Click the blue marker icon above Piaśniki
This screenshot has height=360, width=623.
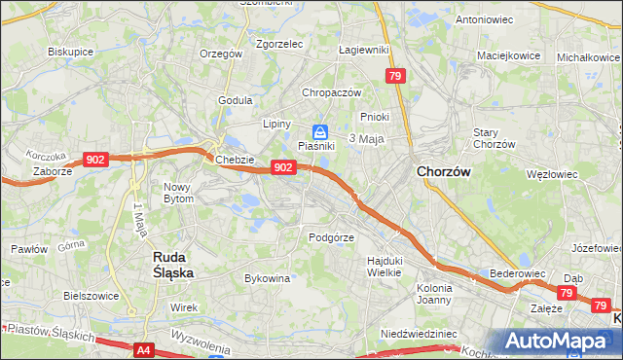319,132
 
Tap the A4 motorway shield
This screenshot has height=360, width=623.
144,349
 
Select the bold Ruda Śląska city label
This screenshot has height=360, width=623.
173,265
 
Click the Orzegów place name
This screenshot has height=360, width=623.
220,54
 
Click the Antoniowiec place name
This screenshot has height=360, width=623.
485,19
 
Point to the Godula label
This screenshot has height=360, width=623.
236,100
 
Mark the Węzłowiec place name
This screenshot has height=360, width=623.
551,175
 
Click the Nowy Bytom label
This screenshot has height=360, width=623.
178,192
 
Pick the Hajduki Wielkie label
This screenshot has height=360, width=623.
384,266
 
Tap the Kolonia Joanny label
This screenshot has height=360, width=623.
433,293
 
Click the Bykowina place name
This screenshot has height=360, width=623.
267,278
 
